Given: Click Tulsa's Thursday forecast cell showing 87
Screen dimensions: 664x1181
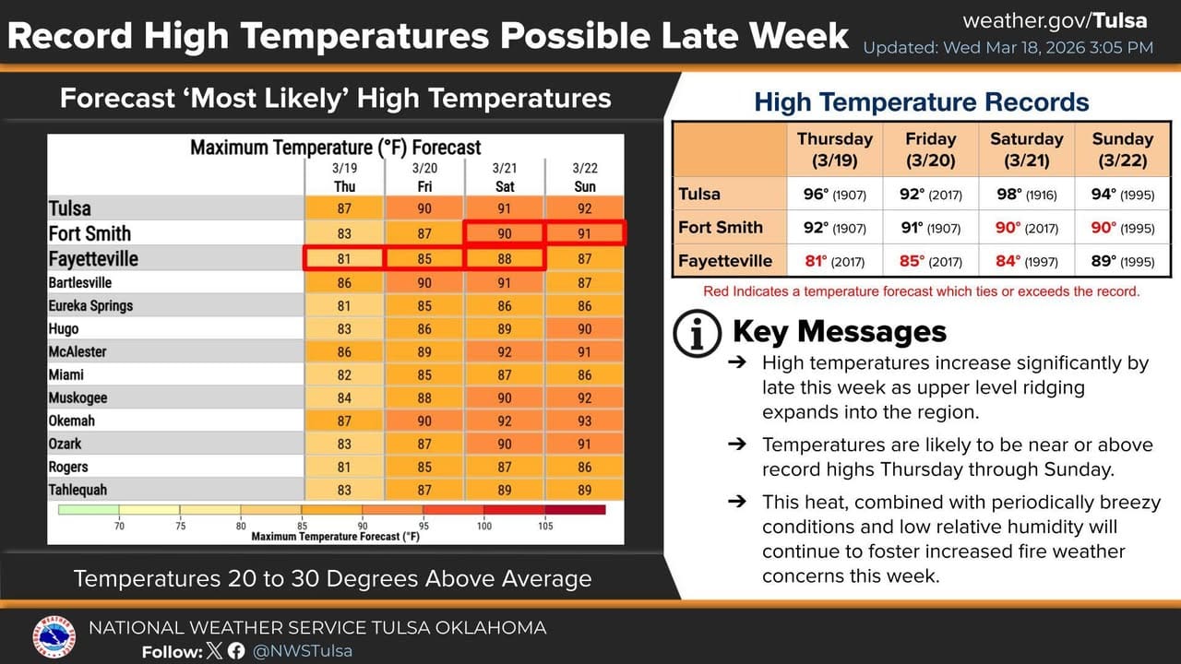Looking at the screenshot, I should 343,209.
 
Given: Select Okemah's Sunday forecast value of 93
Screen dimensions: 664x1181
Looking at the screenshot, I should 584,421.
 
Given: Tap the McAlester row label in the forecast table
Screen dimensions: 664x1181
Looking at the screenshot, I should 78,351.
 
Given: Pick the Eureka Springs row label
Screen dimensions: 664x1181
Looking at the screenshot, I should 90,305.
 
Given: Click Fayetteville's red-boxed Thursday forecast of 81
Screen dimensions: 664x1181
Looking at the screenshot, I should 343,259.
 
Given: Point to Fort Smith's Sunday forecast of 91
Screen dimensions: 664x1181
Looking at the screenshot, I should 584,233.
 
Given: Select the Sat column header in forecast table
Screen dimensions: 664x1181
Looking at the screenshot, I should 504,186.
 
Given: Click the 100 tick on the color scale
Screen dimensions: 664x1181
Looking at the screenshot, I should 484,526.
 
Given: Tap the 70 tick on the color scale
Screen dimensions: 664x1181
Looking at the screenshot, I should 119,526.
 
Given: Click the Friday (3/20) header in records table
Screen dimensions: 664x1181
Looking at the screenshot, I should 930,148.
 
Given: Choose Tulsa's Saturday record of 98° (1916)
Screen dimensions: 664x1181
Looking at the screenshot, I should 1026,195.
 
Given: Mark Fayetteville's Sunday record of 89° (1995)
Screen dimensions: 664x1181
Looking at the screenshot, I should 1122,261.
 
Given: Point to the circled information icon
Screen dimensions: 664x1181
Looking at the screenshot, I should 698,333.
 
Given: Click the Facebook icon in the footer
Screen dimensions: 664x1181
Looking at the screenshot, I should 236,651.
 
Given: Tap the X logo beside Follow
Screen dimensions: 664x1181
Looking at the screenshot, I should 215,651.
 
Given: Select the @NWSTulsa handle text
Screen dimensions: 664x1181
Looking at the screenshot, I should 303,651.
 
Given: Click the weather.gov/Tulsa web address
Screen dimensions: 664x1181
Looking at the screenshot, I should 1055,20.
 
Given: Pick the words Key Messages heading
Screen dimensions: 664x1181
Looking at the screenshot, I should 839,331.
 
